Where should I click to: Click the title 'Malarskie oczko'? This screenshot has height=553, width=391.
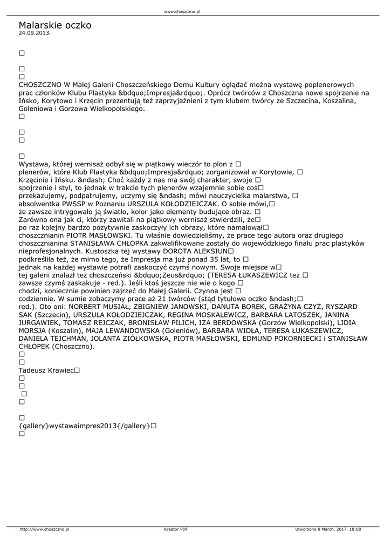click(x=54, y=25)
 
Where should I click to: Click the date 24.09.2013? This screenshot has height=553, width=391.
click(x=35, y=33)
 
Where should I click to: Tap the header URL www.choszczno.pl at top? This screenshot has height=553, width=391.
click(x=182, y=11)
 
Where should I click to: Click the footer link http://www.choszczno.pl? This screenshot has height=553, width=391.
click(x=44, y=529)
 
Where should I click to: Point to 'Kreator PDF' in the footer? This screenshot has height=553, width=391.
click(x=176, y=529)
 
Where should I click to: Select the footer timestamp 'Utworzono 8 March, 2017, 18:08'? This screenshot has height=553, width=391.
click(x=328, y=529)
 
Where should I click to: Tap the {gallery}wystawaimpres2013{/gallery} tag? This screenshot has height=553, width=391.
click(x=84, y=426)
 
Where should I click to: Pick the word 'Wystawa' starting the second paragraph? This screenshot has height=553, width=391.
click(x=35, y=164)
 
